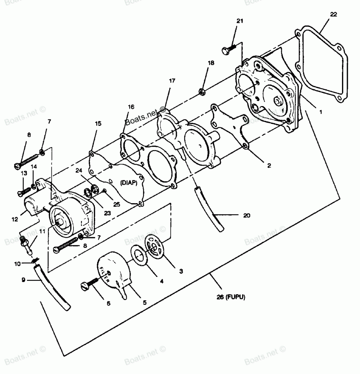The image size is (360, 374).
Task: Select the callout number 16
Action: [131, 107]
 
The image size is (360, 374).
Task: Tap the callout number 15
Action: [98, 123]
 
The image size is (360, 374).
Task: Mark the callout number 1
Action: [320, 112]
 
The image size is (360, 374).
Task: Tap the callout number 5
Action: [144, 302]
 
